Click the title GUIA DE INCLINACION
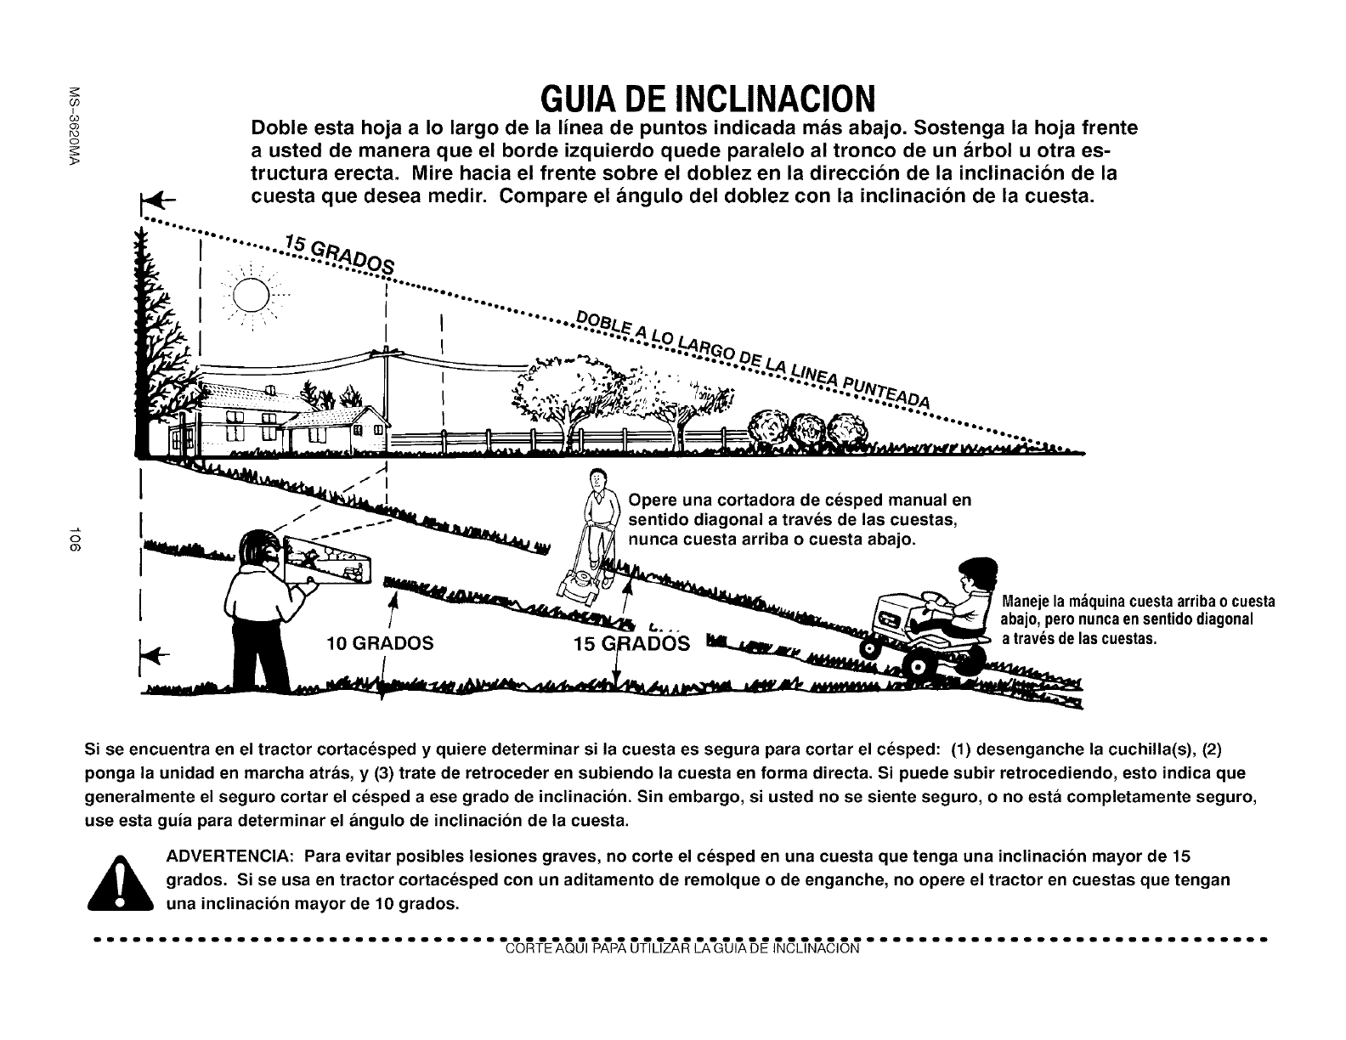click(708, 99)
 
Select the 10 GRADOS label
click(380, 643)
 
